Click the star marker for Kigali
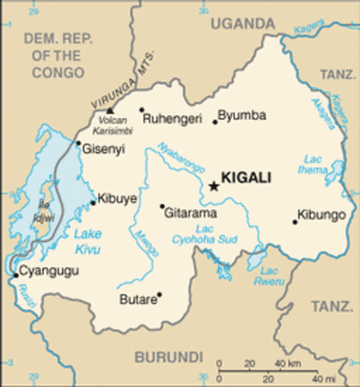(213, 186)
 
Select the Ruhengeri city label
(171, 119)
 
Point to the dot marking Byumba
(215, 122)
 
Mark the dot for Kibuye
(93, 202)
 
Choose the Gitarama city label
(191, 213)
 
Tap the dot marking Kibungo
(295, 221)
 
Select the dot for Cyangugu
(15, 276)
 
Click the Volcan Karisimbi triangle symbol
(110, 110)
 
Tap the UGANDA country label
(243, 25)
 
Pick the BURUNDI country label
(168, 356)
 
